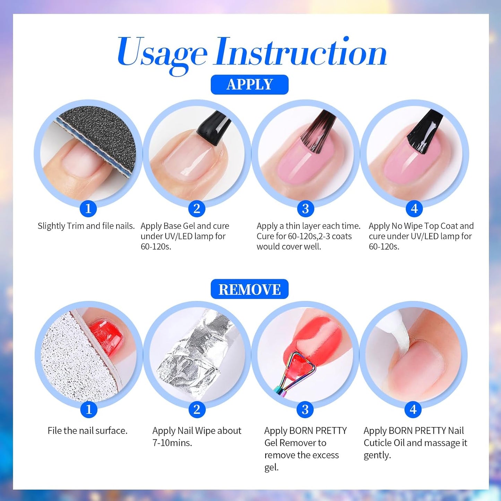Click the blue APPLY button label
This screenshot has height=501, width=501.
(x=249, y=85)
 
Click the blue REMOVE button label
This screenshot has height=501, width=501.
(x=249, y=289)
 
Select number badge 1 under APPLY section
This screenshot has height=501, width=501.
(x=88, y=209)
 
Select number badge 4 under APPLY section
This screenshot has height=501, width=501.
(x=414, y=209)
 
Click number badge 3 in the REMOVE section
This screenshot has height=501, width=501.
(x=305, y=409)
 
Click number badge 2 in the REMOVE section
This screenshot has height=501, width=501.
(x=197, y=409)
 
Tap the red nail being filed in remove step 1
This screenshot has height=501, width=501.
(x=106, y=336)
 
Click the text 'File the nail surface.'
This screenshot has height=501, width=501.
(x=87, y=431)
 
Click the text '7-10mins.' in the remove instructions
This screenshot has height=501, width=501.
(x=172, y=443)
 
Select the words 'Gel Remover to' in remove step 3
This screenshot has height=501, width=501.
(x=295, y=443)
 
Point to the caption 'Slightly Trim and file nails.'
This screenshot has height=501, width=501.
(x=86, y=226)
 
